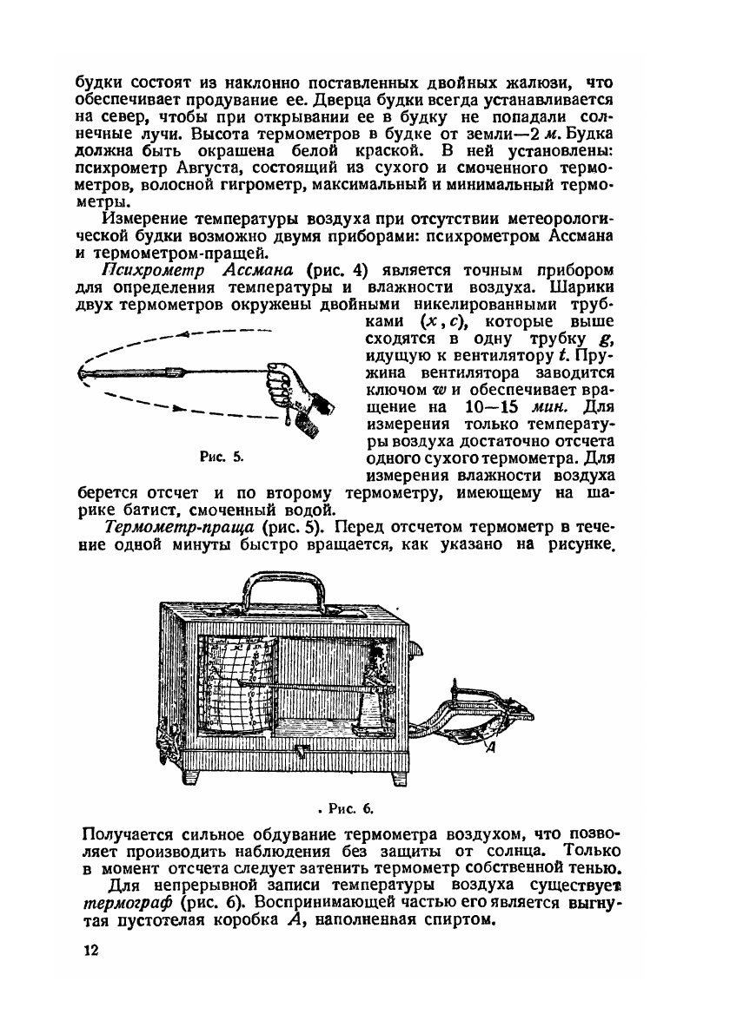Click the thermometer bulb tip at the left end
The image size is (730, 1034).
(x=82, y=374)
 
